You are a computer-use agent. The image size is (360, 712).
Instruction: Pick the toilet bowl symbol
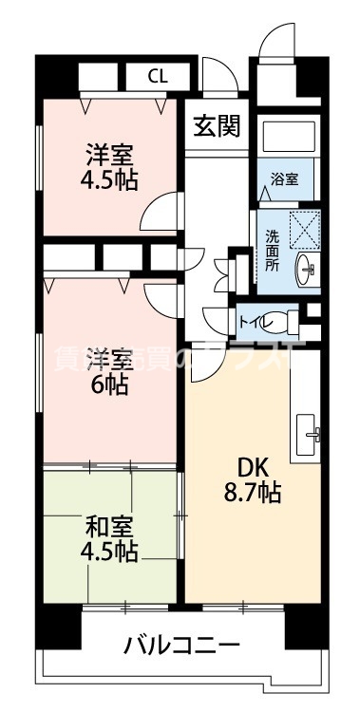[x=284, y=321]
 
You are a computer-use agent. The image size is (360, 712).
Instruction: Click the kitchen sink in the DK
[x=309, y=435]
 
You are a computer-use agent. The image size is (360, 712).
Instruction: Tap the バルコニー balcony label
[x=181, y=646]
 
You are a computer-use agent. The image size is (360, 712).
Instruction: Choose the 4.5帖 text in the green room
[x=110, y=552]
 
